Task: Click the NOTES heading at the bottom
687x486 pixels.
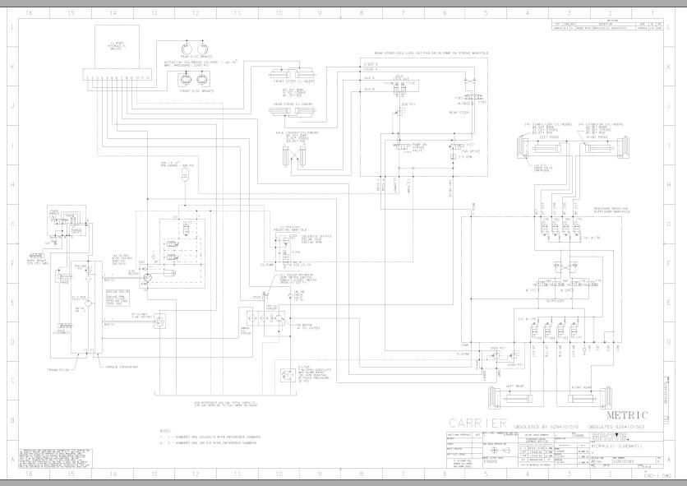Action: [x=164, y=430]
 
